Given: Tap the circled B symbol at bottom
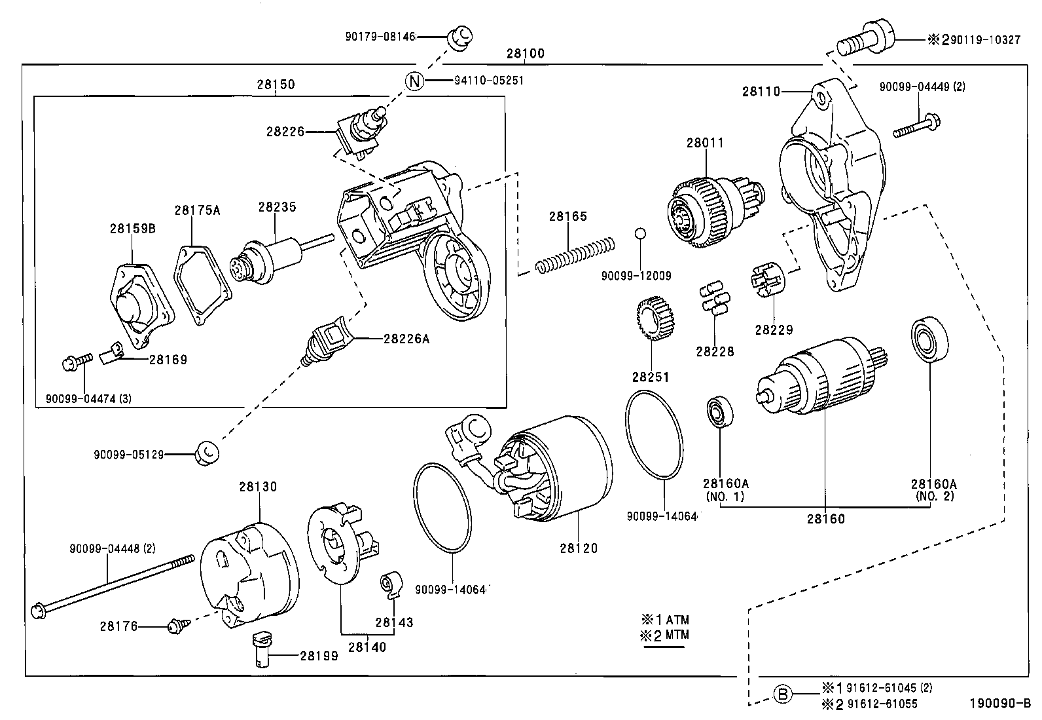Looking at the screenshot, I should (783, 694).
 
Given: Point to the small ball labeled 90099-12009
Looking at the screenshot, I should (641, 234).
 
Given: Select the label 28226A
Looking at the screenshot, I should (406, 339).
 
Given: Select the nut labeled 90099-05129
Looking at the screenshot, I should (207, 453).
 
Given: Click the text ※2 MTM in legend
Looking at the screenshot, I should (664, 635).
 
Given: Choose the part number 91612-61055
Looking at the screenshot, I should (881, 704).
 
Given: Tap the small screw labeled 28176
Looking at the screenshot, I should (176, 626).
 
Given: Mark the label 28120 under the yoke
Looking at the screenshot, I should (579, 548).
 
